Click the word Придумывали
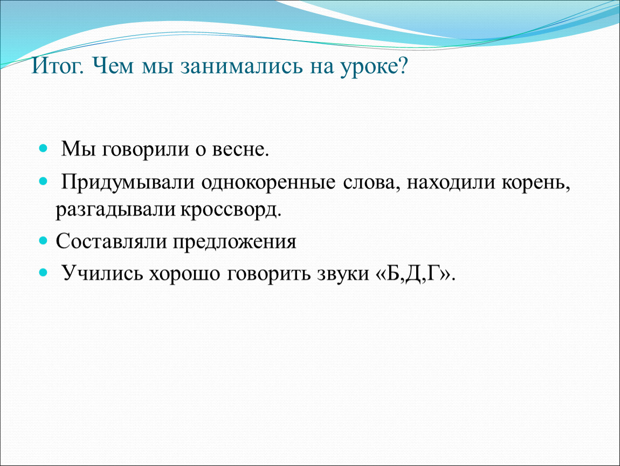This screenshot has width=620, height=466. pos(128,183)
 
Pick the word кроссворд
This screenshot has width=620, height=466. pos(231,210)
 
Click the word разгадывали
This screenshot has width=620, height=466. pos(115,210)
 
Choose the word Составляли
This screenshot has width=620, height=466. pos(111,241)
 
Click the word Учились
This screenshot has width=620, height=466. pos(102,273)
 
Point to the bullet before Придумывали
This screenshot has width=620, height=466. pos(43,182)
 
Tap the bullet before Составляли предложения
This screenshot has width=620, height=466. pos(43,241)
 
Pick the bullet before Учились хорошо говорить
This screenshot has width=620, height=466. pos(43,272)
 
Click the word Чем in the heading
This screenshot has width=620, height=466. pos(113,66)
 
